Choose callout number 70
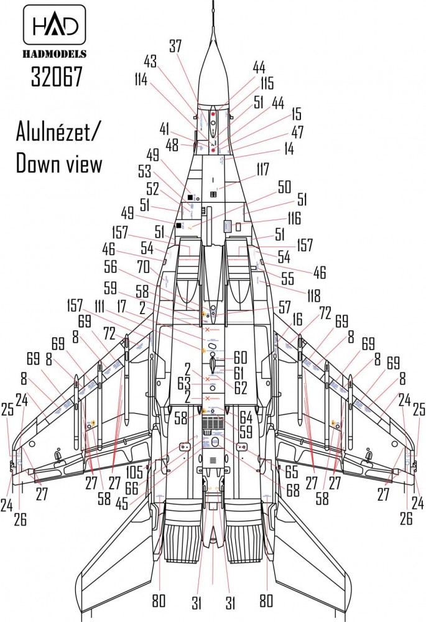coord(145,267)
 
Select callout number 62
coord(241,386)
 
